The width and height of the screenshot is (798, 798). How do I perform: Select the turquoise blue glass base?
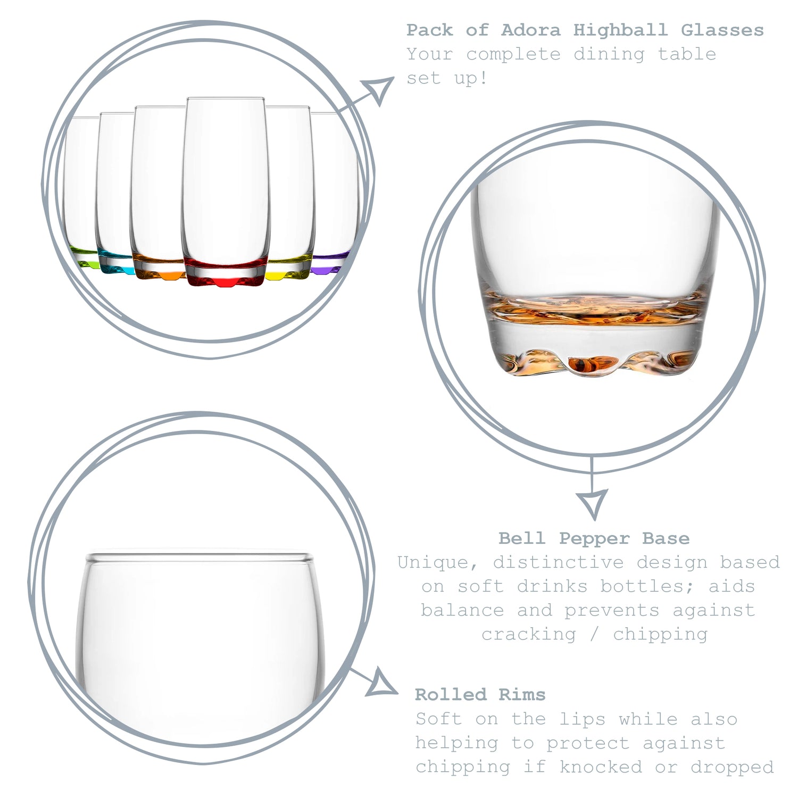tap(114, 263)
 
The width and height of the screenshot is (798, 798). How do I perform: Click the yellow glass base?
tap(288, 268)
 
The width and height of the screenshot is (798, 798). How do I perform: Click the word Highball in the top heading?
tap(620, 30)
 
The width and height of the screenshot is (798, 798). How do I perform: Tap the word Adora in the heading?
tap(530, 30)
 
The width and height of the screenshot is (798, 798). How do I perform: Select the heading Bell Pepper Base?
tap(594, 538)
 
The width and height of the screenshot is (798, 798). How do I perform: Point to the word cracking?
tap(529, 634)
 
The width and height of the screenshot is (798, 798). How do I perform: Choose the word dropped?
tap(732, 767)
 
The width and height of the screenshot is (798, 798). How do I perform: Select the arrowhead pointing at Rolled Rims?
tap(383, 684)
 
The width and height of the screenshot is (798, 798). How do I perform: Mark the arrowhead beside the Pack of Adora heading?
tap(379, 89)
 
